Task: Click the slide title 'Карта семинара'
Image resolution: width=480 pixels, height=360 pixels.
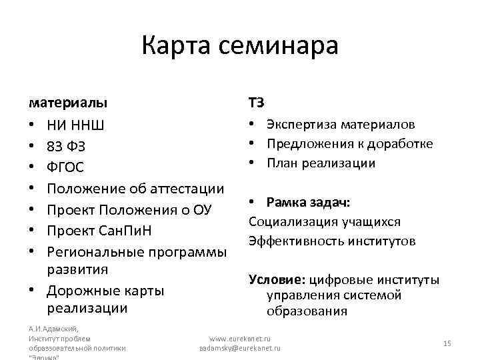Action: (240, 46)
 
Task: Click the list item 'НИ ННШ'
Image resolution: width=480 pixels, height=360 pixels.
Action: (76, 125)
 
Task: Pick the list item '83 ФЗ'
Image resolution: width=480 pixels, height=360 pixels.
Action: (66, 145)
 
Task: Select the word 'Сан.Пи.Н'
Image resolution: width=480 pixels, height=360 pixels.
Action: (141, 231)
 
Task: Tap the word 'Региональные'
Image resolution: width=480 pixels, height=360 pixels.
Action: (94, 252)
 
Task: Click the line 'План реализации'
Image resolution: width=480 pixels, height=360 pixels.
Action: (321, 163)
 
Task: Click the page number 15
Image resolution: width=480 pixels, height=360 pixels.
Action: (447, 343)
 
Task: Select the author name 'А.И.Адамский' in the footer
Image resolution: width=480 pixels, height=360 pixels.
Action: (53, 329)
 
